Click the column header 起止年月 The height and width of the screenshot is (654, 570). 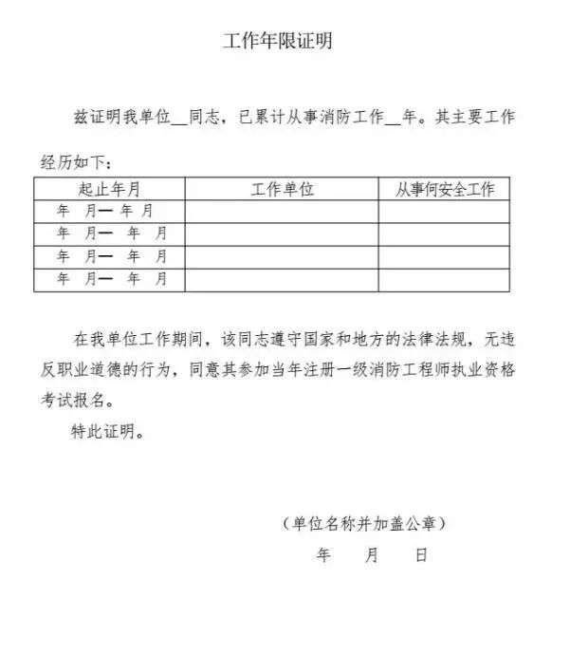(109, 189)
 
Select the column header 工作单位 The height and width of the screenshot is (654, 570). (282, 189)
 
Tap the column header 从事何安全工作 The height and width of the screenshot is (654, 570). (445, 189)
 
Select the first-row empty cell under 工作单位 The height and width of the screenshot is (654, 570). (282, 211)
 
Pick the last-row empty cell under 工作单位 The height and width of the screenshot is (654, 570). (282, 279)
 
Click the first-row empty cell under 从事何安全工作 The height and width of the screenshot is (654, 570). (445, 211)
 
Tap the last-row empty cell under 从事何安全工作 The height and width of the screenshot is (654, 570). (445, 279)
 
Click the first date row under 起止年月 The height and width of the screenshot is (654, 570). (109, 211)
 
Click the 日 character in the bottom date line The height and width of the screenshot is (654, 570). (421, 555)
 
